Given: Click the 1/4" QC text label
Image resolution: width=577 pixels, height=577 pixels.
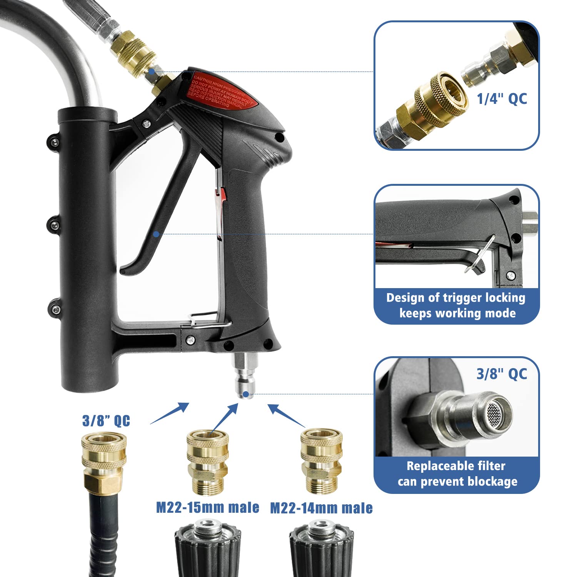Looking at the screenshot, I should tap(502, 99).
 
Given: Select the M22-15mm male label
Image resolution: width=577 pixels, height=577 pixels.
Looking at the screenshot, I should tap(207, 507).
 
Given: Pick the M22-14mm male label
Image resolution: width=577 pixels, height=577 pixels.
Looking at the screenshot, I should tap(321, 508).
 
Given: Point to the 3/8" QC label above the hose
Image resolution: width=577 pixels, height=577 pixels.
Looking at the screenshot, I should tap(106, 420).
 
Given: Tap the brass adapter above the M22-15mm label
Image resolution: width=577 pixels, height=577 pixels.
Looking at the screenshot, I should tap(207, 462).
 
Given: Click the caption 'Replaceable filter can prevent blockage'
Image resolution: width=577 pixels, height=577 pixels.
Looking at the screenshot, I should tap(457, 474).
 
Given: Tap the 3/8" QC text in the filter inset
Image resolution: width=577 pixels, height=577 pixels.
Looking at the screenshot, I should tap(502, 374).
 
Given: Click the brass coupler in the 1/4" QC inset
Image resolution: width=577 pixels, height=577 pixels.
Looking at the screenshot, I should tap(433, 104).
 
